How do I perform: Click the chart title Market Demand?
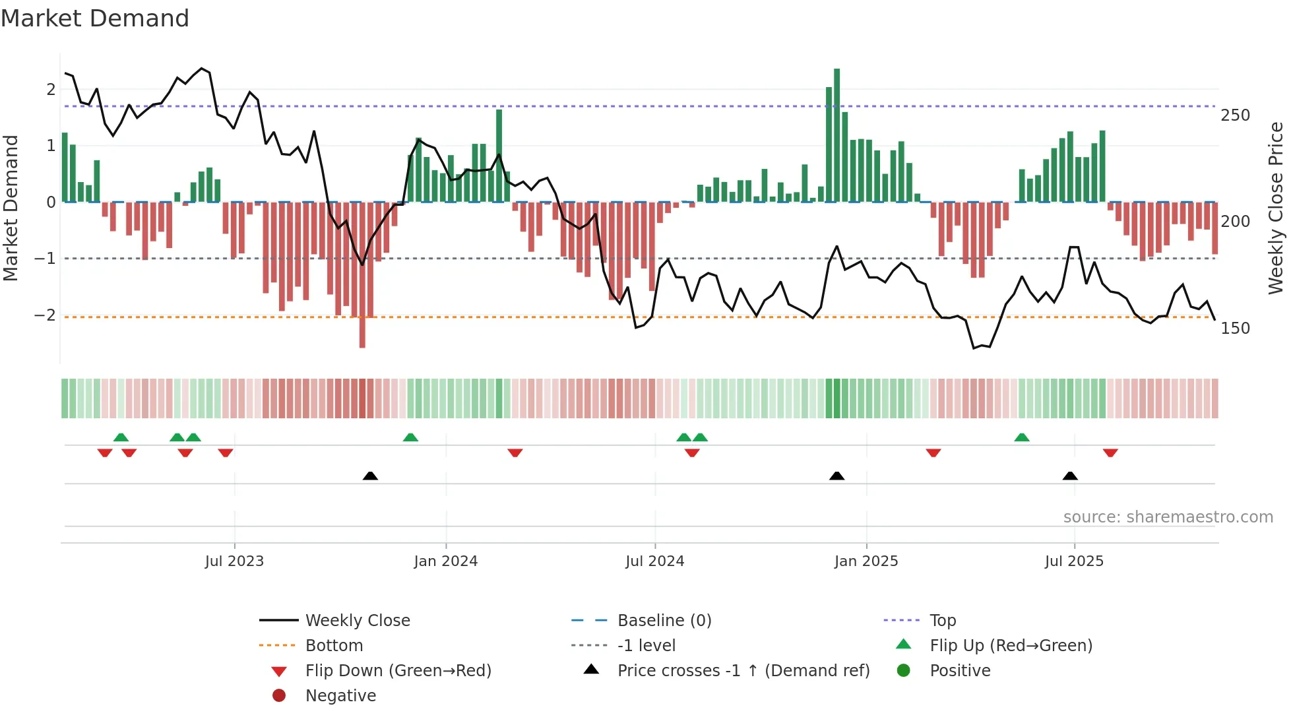95,18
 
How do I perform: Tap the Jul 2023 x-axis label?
234,561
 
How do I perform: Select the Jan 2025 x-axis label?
866,561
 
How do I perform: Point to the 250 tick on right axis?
1235,115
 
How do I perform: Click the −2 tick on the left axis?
45,315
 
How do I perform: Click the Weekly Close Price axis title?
1276,208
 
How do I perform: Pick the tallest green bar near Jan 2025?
836,135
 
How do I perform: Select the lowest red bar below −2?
362,330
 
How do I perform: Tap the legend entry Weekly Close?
357,621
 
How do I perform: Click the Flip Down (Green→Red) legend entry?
398,671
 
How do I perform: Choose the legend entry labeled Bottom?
334,646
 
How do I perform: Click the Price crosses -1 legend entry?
743,671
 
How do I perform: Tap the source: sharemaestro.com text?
1168,517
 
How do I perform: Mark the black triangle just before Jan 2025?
836,476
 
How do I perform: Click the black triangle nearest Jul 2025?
1070,476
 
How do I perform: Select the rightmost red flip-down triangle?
1110,453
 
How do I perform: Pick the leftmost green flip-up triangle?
121,437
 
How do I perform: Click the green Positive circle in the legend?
904,671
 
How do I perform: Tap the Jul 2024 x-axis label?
654,561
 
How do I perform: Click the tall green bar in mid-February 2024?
499,155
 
